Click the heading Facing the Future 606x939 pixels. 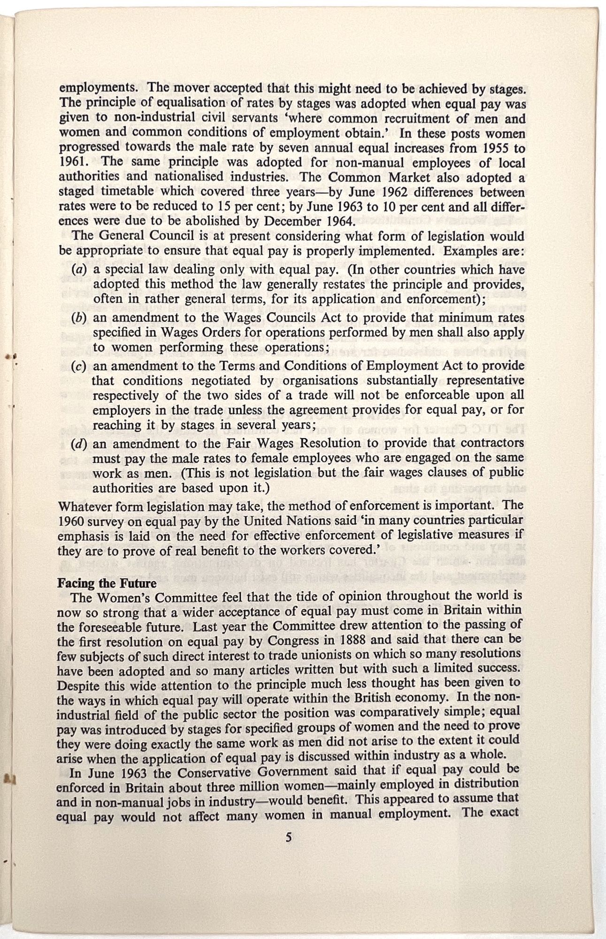tap(107, 584)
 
